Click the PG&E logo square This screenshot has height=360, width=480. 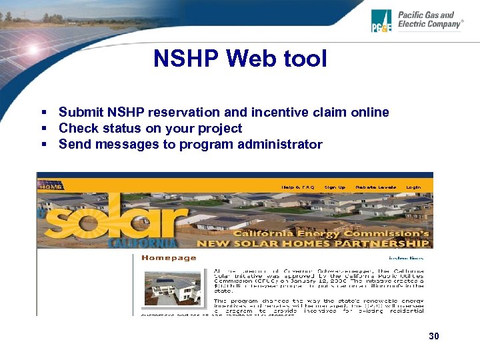click(x=382, y=21)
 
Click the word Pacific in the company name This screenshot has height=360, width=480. click(x=412, y=15)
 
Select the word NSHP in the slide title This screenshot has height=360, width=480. click(x=185, y=59)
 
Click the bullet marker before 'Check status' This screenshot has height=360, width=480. click(x=43, y=129)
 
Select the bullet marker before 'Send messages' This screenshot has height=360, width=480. click(x=43, y=145)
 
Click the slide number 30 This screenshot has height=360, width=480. click(x=434, y=336)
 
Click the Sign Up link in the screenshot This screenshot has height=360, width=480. click(x=335, y=187)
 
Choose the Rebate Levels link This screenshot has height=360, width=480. click(x=376, y=187)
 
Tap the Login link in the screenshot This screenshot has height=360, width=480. click(x=413, y=187)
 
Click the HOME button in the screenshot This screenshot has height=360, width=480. click(x=51, y=187)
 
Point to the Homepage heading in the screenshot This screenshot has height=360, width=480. click(x=169, y=257)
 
